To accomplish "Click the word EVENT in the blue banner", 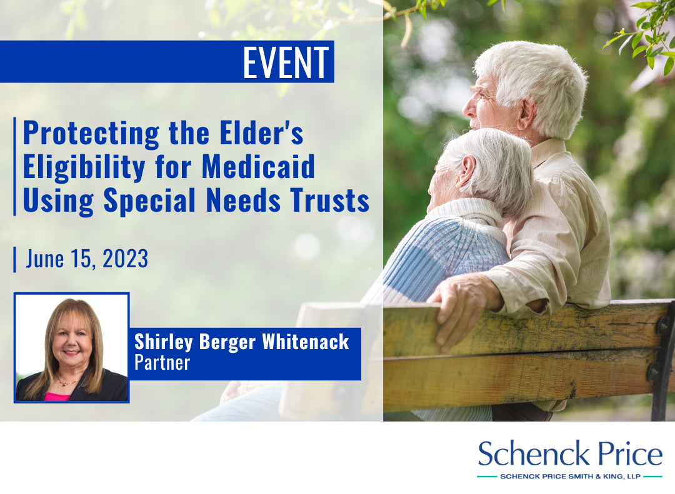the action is [x=286, y=62].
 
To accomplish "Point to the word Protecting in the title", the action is [x=91, y=134].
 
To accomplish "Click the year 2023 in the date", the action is [x=125, y=259].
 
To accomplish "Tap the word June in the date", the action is [x=45, y=259].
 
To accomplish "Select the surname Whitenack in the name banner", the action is [x=306, y=342].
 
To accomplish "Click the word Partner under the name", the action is [x=162, y=363].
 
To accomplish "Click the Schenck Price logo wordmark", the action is [x=570, y=453].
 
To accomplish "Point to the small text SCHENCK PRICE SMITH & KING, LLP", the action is [x=570, y=477].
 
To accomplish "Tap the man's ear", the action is [x=527, y=114].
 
